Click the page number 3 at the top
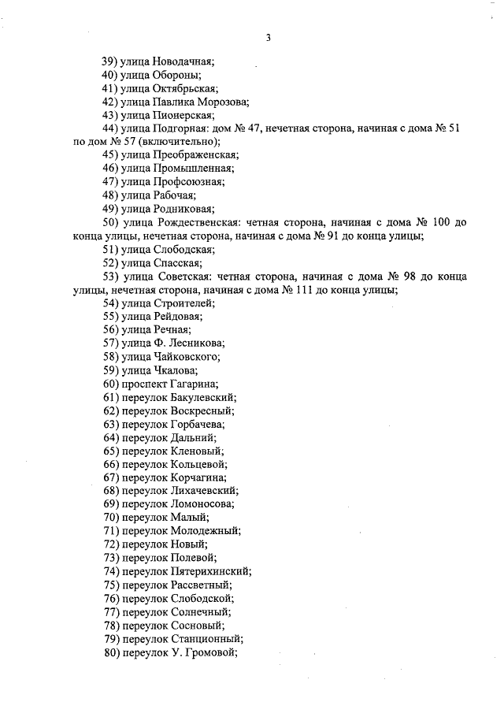[x=268, y=37]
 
